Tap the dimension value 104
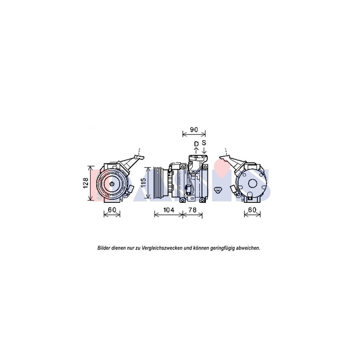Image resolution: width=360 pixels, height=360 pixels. [x=169, y=210]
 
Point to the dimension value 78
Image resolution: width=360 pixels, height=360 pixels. [x=193, y=210]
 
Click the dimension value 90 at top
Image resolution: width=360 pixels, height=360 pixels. [x=194, y=130]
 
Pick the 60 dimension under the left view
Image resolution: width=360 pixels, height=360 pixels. [x=112, y=210]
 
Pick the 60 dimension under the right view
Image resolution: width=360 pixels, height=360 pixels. [x=252, y=210]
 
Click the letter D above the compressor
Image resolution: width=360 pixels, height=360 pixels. [x=196, y=144]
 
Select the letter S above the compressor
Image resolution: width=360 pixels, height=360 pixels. [x=204, y=143]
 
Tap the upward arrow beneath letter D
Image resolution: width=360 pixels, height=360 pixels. [x=196, y=150]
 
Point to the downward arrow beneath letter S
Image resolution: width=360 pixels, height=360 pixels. [x=204, y=150]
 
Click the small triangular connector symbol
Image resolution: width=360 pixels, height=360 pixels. [x=218, y=190]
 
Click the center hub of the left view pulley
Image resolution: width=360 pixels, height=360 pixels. [x=112, y=184]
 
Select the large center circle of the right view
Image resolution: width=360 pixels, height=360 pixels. [x=253, y=183]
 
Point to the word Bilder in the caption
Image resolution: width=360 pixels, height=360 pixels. [x=105, y=248]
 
